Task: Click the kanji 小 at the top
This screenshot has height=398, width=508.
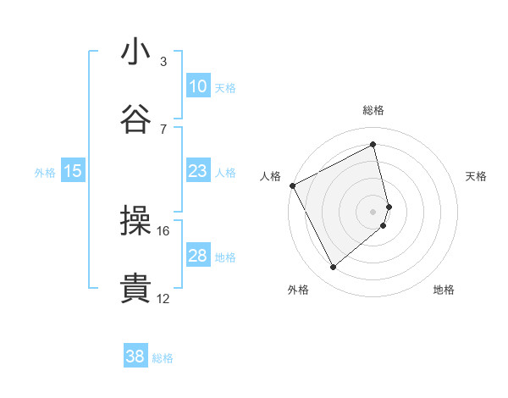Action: pos(136,53)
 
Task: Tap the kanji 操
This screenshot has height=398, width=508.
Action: pos(136,221)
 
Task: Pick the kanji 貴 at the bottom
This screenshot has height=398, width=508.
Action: pos(136,288)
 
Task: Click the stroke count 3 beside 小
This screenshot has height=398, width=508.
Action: pos(163,62)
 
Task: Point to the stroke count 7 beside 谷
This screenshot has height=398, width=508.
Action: pos(163,129)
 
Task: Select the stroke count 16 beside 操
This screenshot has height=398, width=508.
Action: pos(163,230)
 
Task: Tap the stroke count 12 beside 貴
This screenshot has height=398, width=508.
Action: pos(163,298)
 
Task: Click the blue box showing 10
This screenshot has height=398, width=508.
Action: pos(198,86)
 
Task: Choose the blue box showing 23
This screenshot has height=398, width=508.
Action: pos(198,171)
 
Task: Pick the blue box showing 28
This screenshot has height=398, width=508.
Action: pos(198,256)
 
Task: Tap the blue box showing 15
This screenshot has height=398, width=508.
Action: pos(73,171)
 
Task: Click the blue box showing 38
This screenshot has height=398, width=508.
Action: pos(135,357)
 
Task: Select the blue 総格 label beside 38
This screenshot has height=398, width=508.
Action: pos(163,358)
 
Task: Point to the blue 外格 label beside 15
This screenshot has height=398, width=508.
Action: pos(45,172)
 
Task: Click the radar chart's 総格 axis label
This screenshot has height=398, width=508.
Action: pos(373,110)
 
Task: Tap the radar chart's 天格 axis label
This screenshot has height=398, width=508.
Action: pos(477,176)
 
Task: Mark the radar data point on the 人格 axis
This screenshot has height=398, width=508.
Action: pos(292,185)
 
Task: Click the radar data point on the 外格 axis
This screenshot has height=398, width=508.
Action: pos(333,268)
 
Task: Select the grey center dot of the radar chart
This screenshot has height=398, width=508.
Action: pos(373,211)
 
